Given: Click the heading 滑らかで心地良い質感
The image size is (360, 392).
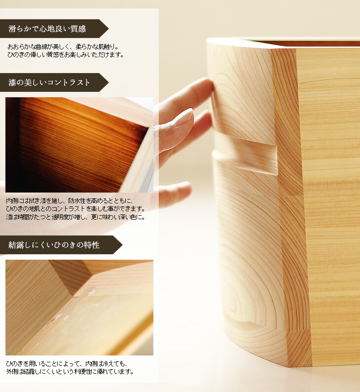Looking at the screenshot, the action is (47, 29).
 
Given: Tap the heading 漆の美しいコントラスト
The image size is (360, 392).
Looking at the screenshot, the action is (49, 82).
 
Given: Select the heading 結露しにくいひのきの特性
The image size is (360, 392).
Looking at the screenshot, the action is (54, 245).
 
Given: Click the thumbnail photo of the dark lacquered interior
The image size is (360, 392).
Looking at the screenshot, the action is (79, 145).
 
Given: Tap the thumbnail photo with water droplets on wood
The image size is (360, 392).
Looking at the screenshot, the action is (79, 308).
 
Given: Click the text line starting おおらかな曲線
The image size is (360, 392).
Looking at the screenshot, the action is (63, 47).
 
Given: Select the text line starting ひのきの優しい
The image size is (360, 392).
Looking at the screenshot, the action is (66, 54).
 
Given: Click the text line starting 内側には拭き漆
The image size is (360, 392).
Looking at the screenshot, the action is (70, 201).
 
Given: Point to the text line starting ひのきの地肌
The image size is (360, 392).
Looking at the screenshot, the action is (75, 208).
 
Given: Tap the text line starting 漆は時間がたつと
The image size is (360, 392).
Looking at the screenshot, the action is (75, 217).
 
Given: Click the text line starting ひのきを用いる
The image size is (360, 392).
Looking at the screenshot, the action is (67, 363).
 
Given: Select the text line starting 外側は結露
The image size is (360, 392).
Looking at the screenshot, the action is (70, 371).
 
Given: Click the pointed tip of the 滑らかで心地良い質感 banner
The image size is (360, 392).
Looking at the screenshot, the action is (108, 29).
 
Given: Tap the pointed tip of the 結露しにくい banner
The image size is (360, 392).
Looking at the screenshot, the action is (122, 245).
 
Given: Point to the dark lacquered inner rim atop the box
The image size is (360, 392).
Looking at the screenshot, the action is (307, 43).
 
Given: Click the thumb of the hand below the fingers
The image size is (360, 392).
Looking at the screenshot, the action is (172, 194).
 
